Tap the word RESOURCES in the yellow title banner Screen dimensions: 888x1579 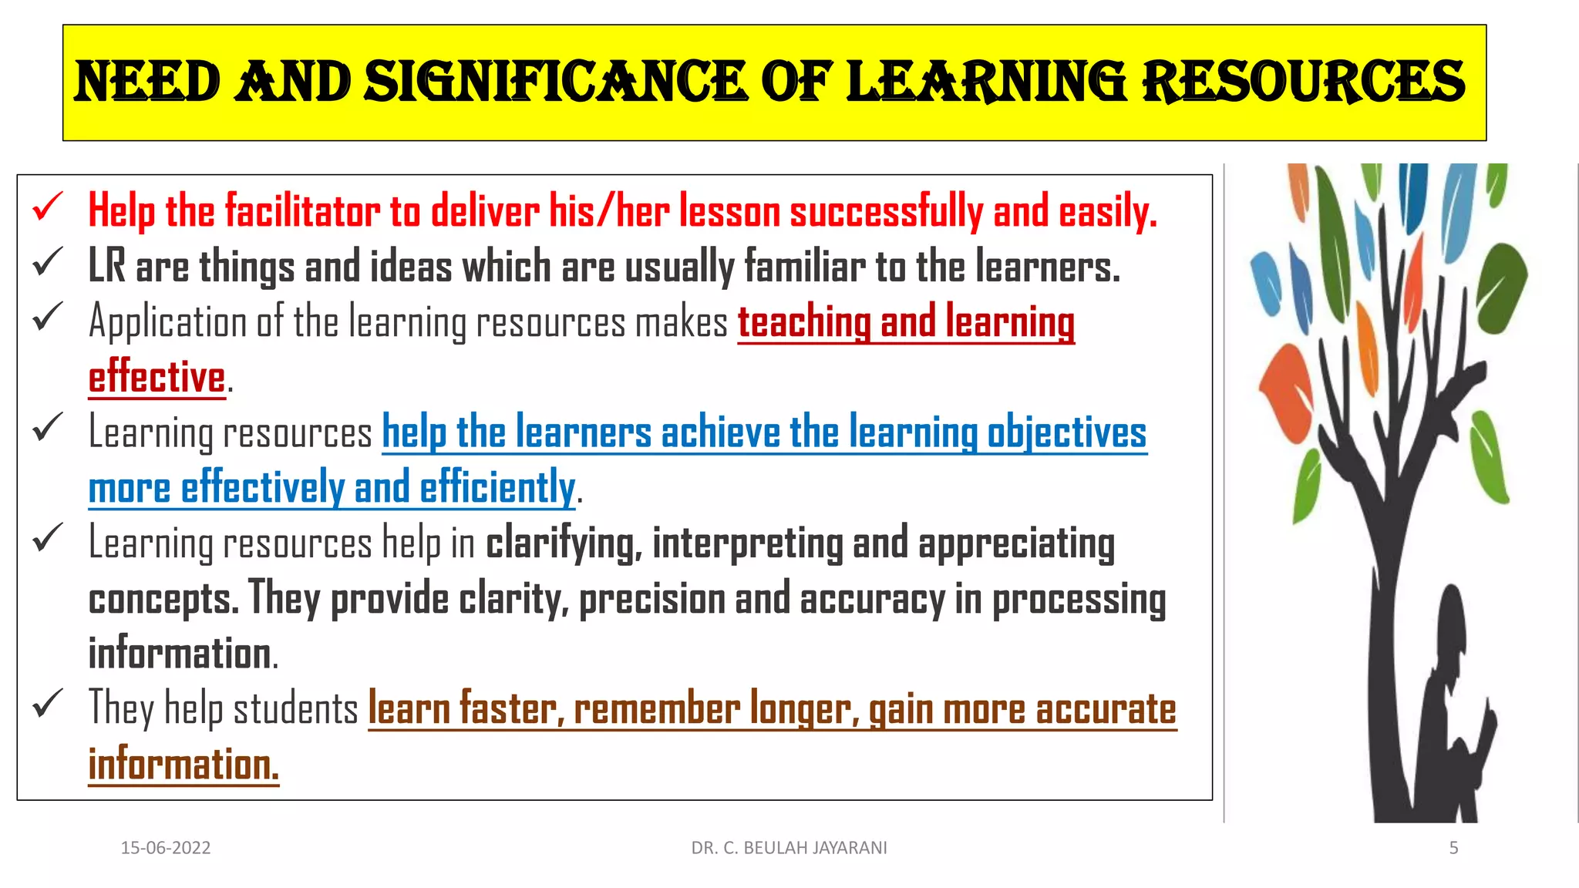(1303, 82)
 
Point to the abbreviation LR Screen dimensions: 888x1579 (106, 267)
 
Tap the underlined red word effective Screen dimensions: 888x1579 (157, 377)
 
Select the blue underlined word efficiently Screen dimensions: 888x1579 (497, 488)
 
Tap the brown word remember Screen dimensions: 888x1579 (657, 709)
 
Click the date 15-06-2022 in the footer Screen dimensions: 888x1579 (166, 848)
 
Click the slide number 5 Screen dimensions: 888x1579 (1453, 848)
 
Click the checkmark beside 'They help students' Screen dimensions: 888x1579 (47, 704)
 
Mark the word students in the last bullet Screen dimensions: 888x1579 (295, 709)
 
